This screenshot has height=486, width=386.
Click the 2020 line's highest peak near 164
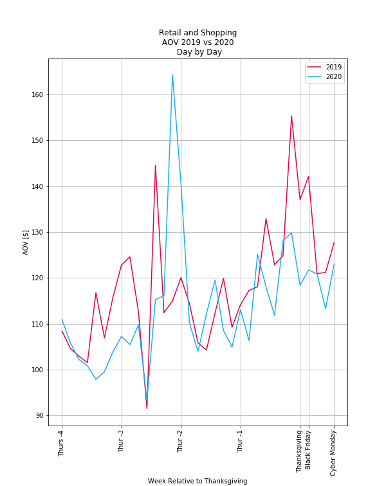click(172, 75)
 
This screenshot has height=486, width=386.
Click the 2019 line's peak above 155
click(291, 116)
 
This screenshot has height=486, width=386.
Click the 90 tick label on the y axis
click(40, 416)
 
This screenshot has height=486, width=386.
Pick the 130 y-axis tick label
click(38, 232)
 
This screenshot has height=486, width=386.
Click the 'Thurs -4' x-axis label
click(62, 442)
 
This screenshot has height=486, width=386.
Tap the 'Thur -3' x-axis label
click(122, 440)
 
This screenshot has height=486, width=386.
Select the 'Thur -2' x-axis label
click(181, 440)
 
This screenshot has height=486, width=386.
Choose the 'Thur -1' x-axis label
click(241, 440)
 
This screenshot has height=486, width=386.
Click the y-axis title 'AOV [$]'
click(26, 242)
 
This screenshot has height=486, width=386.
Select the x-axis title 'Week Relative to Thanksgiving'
click(198, 481)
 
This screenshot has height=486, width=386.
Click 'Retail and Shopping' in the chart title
click(198, 33)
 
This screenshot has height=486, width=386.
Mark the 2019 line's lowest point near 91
click(147, 408)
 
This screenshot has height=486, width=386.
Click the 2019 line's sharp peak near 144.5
click(155, 166)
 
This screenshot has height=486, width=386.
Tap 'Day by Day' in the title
click(199, 52)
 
